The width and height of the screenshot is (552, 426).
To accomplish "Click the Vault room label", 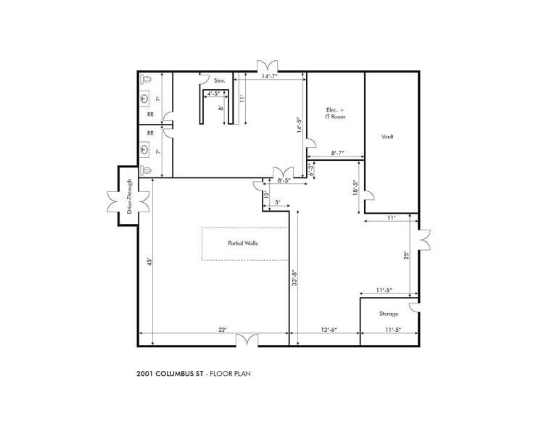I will (387, 136).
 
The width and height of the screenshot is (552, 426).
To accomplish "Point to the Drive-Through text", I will (130, 196).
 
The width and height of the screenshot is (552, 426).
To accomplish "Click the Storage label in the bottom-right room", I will (389, 314).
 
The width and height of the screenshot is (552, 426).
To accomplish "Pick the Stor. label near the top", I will (219, 80).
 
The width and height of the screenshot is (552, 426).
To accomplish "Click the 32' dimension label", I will (222, 330).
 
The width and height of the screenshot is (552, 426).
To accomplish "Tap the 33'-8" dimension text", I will (294, 280).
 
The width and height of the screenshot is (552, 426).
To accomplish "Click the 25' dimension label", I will (408, 255).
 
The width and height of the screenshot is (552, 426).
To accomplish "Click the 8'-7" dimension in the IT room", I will (337, 153).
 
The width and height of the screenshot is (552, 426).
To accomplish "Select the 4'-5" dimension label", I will (215, 93).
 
